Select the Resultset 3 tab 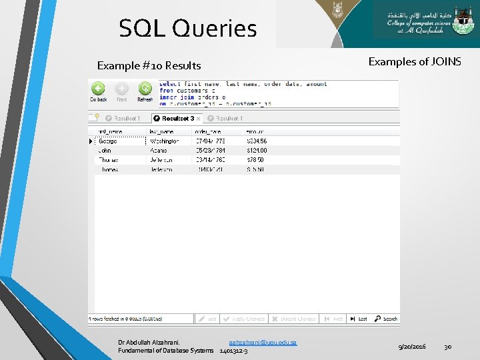click(x=177, y=118)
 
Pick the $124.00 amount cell click(x=257, y=151)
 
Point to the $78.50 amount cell click(x=255, y=160)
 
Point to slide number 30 click(x=448, y=347)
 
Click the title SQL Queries click(x=187, y=29)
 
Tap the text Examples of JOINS click(x=414, y=62)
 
